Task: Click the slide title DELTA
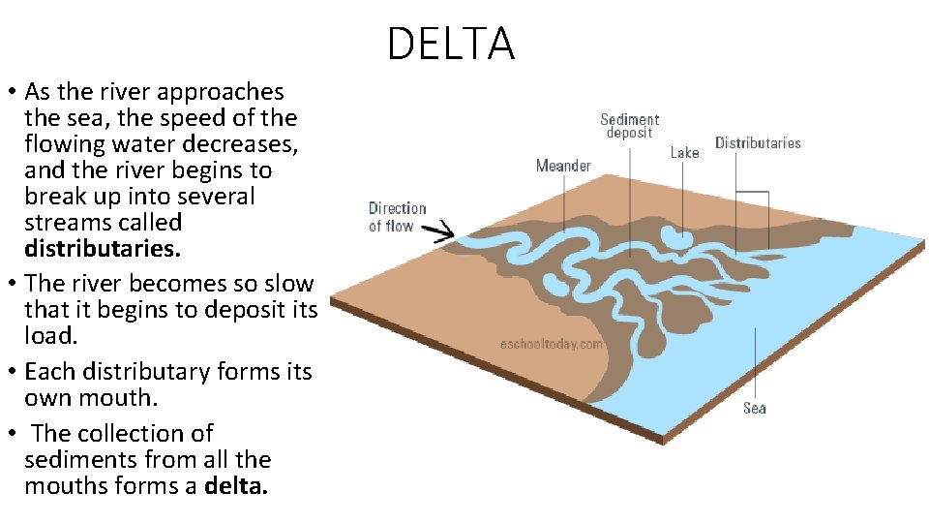tap(451, 45)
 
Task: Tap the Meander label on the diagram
tap(563, 166)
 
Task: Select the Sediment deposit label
tap(629, 126)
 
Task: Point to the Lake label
tap(684, 153)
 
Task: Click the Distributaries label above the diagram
tap(758, 143)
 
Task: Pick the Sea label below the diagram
tap(755, 408)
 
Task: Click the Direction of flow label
tap(397, 217)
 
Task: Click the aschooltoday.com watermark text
tap(552, 343)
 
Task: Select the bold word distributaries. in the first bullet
tap(103, 249)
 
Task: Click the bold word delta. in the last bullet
tap(236, 485)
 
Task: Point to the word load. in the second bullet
tap(49, 336)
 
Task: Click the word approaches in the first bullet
tap(221, 92)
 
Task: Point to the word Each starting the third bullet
tap(47, 372)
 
